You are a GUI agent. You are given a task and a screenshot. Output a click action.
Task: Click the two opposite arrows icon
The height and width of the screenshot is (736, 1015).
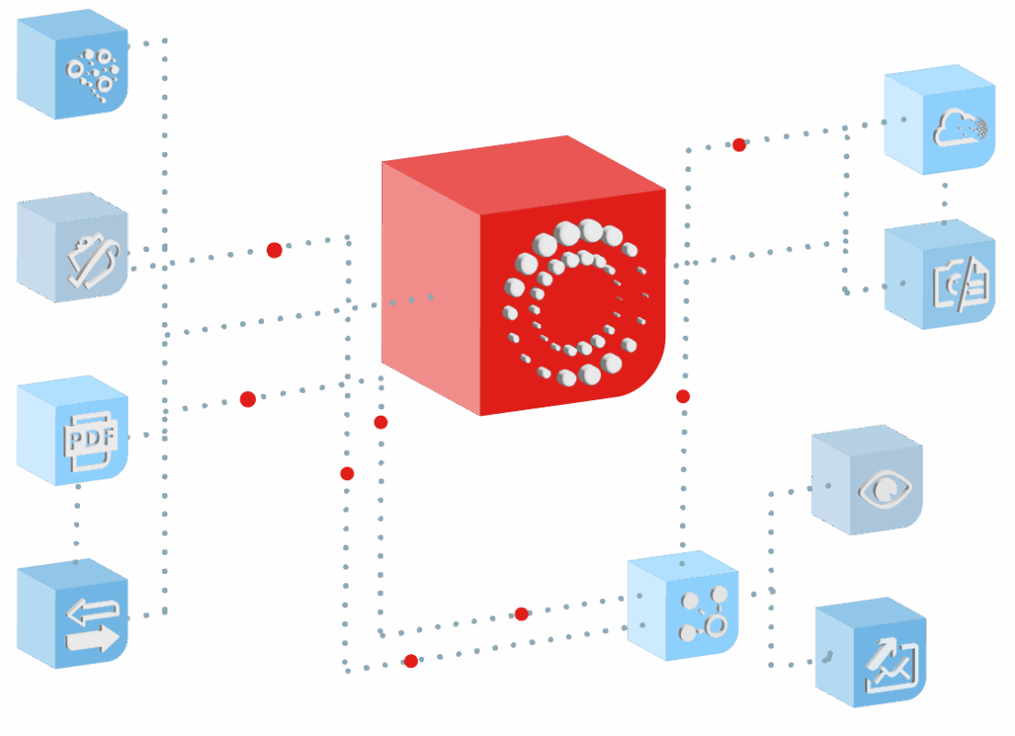93,626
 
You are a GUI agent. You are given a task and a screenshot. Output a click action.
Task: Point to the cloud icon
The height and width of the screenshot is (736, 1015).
961,128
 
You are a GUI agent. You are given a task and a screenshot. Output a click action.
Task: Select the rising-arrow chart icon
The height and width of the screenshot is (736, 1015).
890,665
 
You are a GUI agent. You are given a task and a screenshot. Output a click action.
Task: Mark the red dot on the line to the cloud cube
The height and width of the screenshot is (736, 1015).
739,144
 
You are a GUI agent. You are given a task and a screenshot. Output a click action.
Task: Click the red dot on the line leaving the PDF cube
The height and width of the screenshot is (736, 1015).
248,399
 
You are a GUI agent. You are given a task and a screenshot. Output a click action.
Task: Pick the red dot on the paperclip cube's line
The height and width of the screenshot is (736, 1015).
273,249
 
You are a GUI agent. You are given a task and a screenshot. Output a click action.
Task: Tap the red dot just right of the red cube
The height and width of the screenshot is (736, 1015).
683,397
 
